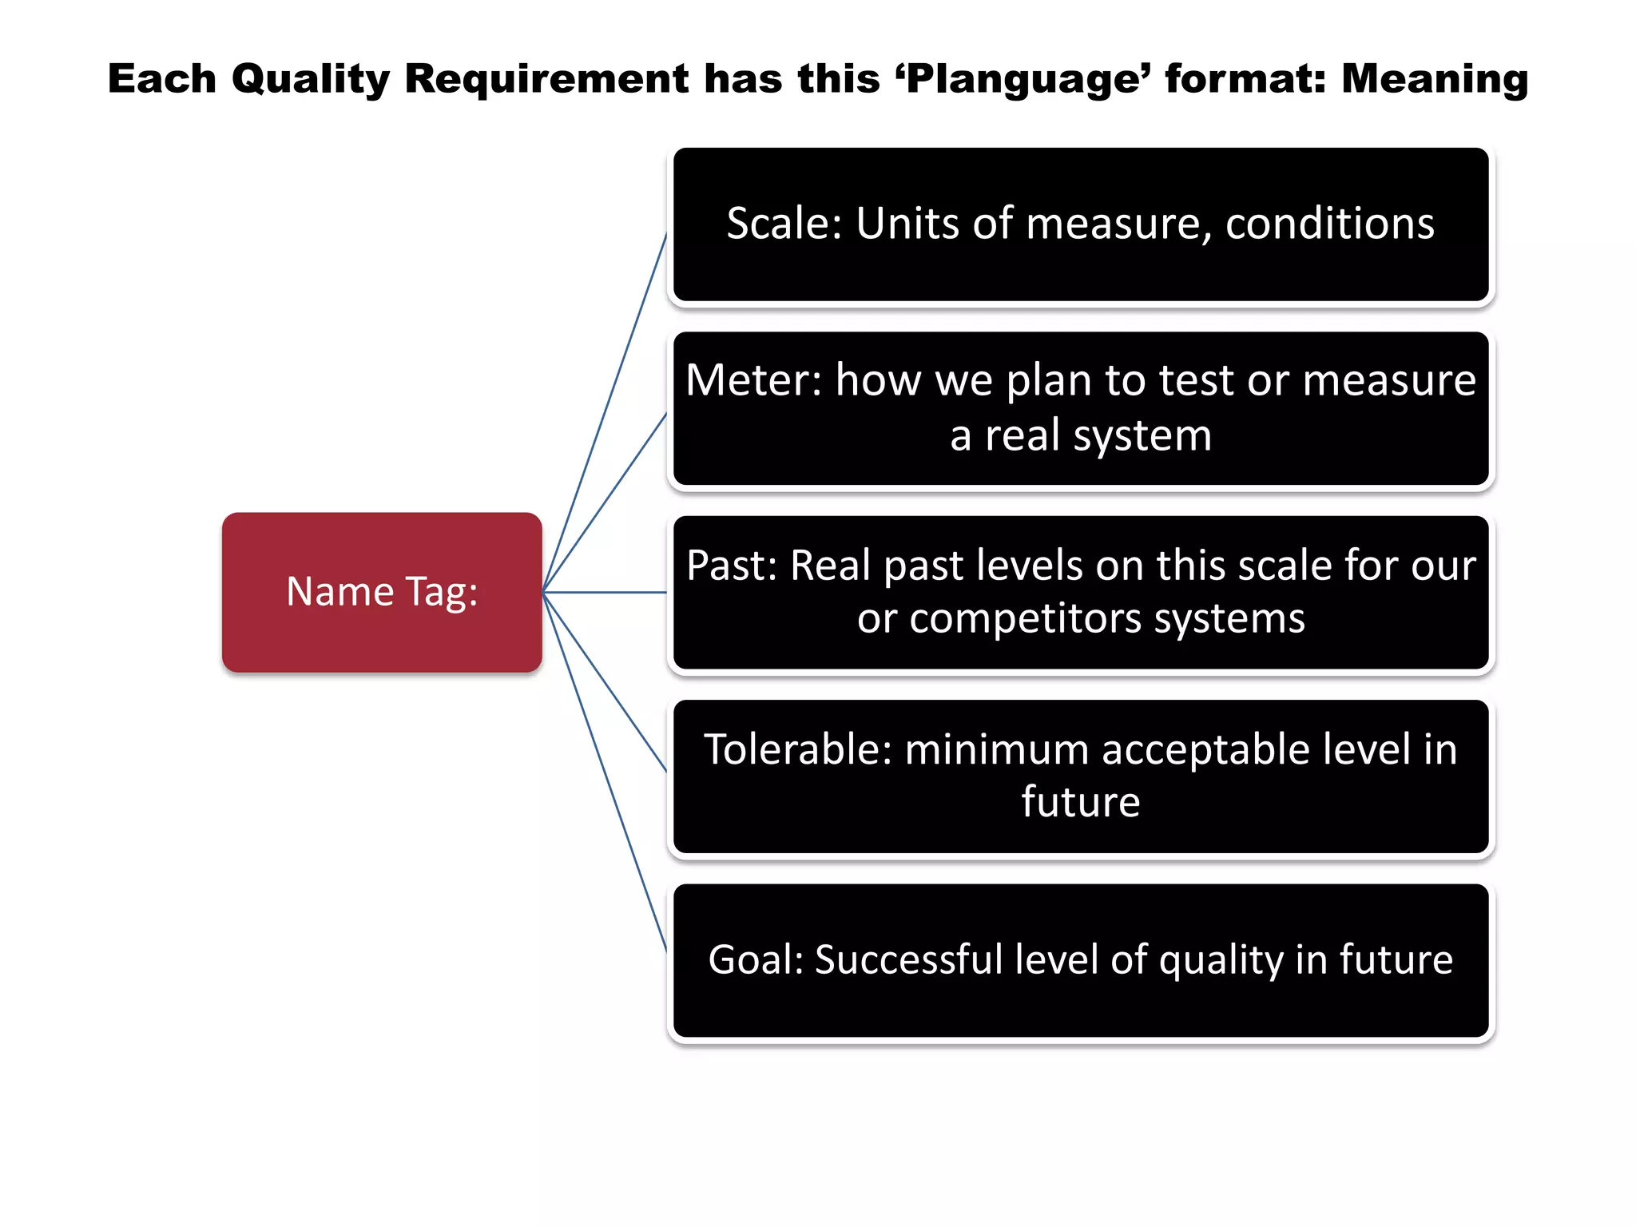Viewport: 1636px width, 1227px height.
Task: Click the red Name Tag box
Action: click(x=382, y=592)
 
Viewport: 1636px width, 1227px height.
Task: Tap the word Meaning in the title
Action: click(x=1434, y=78)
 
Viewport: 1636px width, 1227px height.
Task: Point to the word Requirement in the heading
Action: click(x=546, y=80)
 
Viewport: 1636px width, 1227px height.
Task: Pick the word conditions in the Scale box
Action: click(x=1329, y=223)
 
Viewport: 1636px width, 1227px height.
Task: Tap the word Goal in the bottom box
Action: click(x=755, y=959)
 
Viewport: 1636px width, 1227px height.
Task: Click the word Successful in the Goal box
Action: click(x=907, y=959)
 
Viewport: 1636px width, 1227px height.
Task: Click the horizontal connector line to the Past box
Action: click(x=605, y=593)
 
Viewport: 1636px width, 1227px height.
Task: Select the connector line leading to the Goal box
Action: click(x=605, y=772)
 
